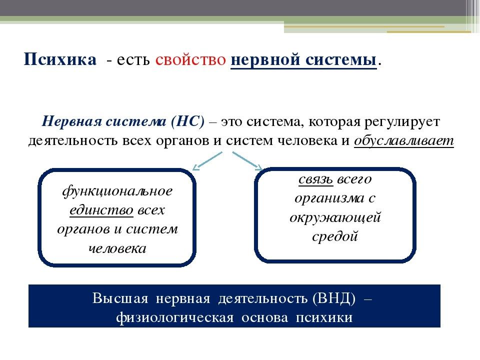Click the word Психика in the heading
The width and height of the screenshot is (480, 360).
[60, 59]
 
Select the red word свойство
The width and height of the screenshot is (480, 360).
[190, 59]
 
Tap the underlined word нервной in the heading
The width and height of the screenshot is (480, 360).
[265, 59]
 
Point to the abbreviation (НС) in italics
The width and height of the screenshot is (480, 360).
[187, 121]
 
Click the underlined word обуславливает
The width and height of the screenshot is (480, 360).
[404, 140]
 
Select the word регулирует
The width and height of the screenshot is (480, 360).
[402, 122]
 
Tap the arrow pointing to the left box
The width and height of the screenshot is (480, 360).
[207, 161]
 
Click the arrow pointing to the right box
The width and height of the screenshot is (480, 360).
[247, 160]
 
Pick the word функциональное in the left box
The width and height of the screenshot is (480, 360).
[117, 191]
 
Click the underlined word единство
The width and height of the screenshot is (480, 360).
[101, 210]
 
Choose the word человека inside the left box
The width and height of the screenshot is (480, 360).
[117, 248]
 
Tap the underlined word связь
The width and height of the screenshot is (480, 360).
[316, 179]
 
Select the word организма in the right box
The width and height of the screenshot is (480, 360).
[329, 198]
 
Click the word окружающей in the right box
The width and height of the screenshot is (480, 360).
[335, 217]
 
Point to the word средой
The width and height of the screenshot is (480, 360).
[335, 236]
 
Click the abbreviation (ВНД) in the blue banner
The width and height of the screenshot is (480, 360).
[334, 298]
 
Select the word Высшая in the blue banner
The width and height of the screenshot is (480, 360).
[120, 298]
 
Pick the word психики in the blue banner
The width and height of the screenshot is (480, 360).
[324, 318]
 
